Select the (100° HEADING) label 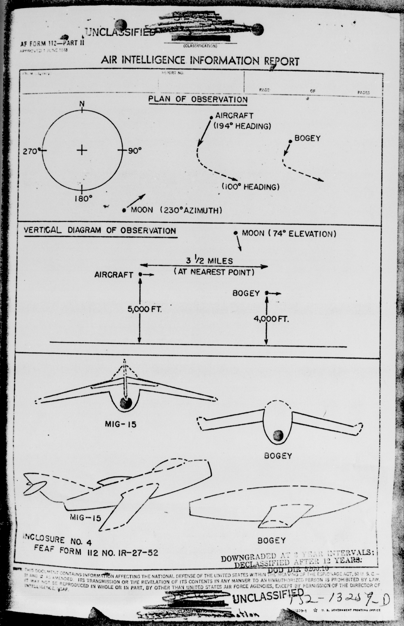pyautogui.click(x=251, y=187)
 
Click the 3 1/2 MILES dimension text pyautogui.click(x=209, y=261)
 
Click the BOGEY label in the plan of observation pyautogui.click(x=308, y=138)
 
